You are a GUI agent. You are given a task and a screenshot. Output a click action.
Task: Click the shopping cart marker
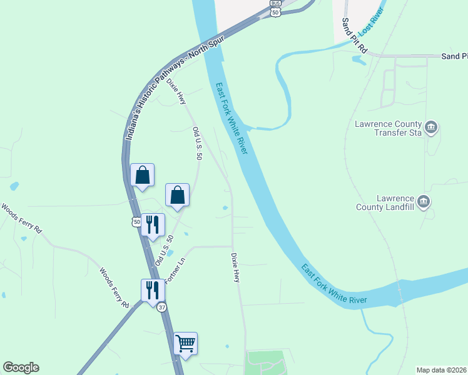pos(185,344)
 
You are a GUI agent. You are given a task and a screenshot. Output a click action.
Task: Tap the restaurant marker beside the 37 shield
pos(153,291)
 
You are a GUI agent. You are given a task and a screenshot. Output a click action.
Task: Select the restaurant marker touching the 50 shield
pos(153,225)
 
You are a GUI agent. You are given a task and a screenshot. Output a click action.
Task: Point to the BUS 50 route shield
pos(275,8)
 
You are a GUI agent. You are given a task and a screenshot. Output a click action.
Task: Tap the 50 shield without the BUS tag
pos(136,221)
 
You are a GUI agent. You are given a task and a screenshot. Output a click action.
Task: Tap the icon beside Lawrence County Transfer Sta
pos(431,128)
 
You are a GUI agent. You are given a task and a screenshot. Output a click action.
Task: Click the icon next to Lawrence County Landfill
pos(424,201)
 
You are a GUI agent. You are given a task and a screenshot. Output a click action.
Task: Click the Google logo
pos(21,367)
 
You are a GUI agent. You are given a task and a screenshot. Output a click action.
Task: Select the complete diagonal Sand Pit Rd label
pos(353,35)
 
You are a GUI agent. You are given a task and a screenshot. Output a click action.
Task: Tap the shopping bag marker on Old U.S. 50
pos(178,196)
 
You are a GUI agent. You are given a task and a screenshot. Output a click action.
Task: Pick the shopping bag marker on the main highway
pos(142,176)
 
